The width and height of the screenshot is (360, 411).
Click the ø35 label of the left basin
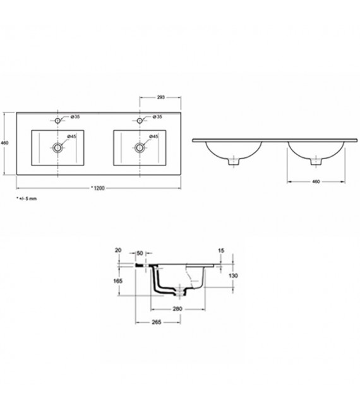(x=74, y=117)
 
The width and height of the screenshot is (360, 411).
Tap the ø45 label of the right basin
(x=153, y=136)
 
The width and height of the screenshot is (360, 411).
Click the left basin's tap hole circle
(x=58, y=120)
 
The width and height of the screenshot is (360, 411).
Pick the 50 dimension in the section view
(x=140, y=251)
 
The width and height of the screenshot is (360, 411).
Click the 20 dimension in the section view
(x=118, y=251)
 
